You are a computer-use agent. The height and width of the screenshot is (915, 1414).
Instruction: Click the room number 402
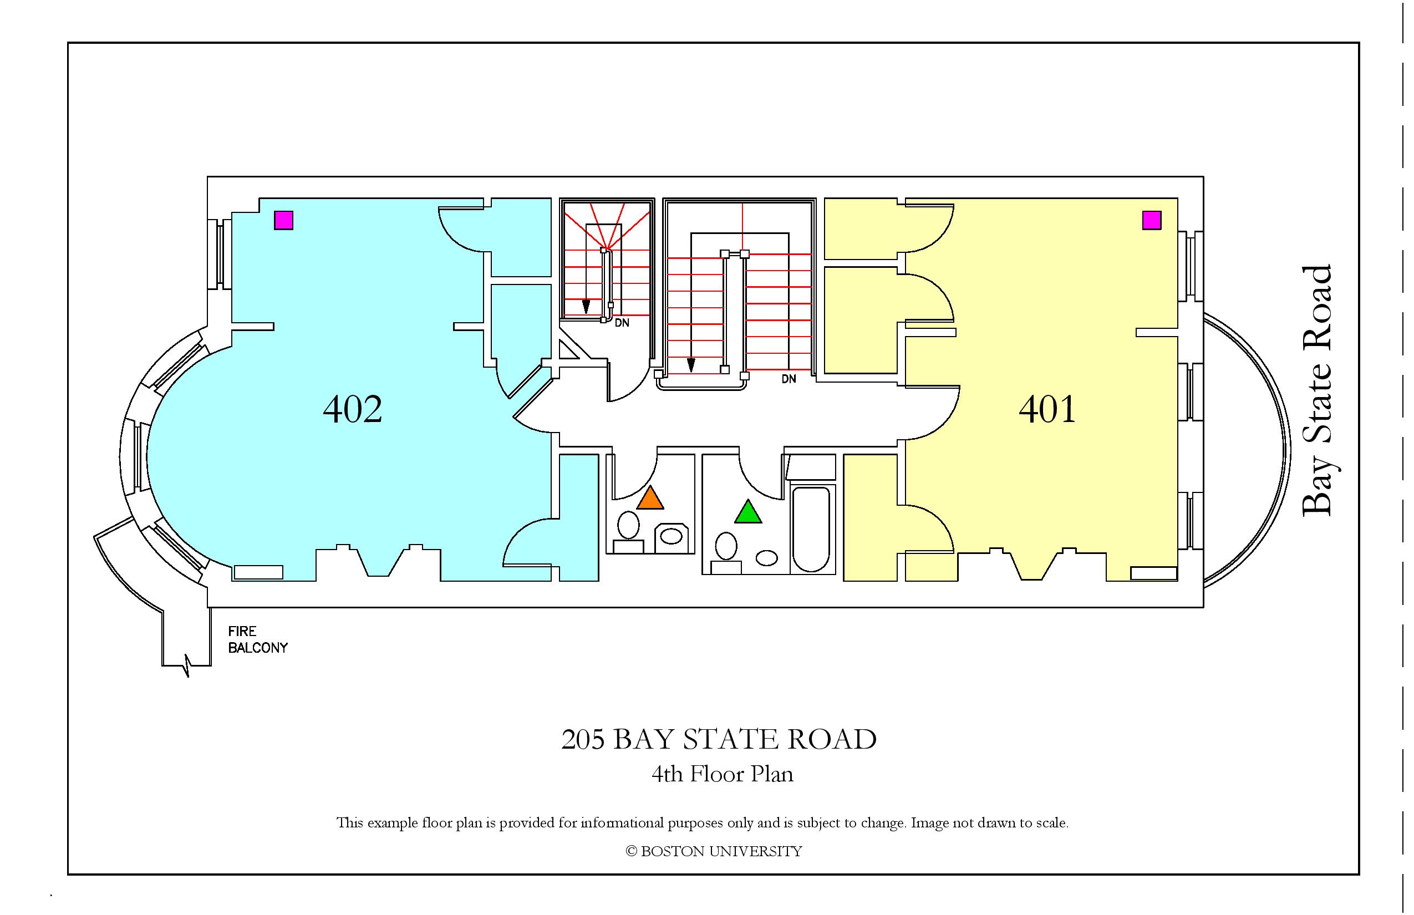point(352,409)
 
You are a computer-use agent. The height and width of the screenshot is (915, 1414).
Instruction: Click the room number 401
point(1047,409)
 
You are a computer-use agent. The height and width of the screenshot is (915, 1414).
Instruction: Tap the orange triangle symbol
point(650,498)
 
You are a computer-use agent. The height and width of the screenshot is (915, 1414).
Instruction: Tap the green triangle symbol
point(748,511)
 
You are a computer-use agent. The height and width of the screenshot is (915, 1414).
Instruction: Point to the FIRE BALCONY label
point(258,640)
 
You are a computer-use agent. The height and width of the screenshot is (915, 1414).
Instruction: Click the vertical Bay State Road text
point(1317,391)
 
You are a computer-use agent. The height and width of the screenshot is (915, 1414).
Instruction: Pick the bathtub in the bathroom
point(812,530)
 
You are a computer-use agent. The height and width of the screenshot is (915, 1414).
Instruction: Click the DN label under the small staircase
point(622,323)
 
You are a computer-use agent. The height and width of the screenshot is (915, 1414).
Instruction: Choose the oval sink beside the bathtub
point(767,558)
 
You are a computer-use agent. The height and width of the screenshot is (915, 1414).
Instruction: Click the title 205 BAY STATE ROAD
point(719,740)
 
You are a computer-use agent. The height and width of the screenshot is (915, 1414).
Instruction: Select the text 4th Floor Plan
point(723,774)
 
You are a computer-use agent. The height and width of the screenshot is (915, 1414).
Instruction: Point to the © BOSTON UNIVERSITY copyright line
point(714,851)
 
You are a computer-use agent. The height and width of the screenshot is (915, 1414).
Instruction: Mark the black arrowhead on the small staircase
point(586,307)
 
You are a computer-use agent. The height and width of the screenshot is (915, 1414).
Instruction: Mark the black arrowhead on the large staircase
point(691,365)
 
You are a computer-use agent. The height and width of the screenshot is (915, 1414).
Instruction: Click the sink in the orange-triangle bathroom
point(672,538)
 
